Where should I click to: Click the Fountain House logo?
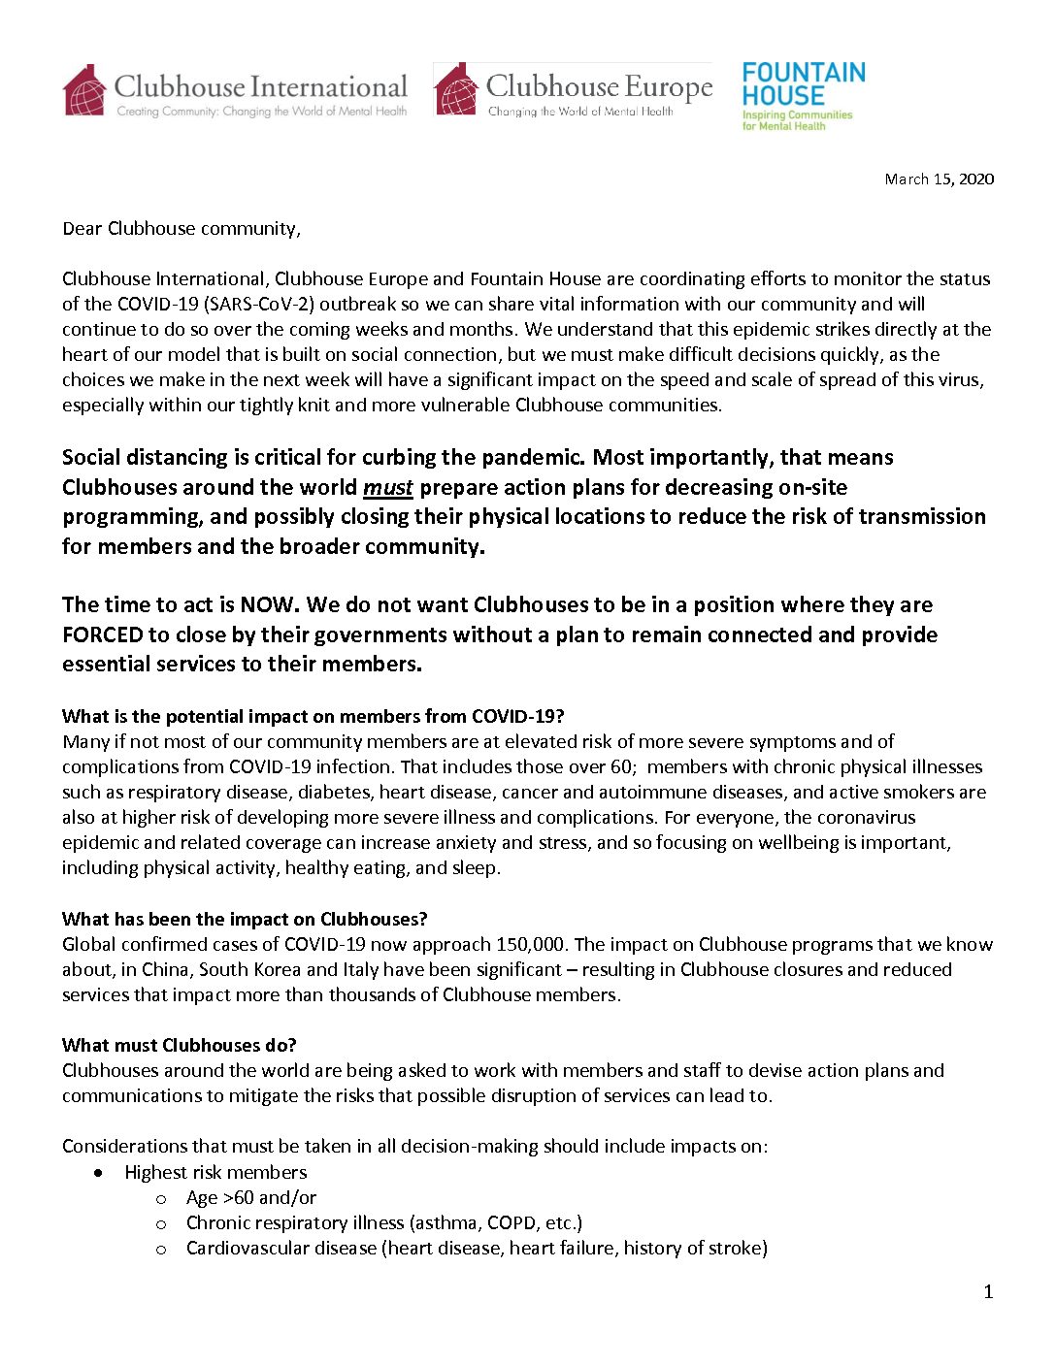(803, 95)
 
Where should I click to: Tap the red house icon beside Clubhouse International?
(84, 90)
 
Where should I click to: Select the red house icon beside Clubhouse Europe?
(455, 90)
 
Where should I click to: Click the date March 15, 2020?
(939, 179)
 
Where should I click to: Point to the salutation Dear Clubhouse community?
(181, 229)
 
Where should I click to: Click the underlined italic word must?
(388, 487)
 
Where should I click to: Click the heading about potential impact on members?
(313, 716)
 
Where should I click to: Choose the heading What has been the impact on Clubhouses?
(245, 919)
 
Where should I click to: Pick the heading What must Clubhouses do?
(180, 1045)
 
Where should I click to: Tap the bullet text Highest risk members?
(215, 1172)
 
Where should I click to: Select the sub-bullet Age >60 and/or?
(251, 1197)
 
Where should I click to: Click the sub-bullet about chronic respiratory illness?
(384, 1222)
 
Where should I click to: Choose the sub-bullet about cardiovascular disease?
(477, 1248)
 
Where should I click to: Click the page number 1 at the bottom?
(988, 1291)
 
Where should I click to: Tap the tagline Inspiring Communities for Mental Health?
(797, 120)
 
